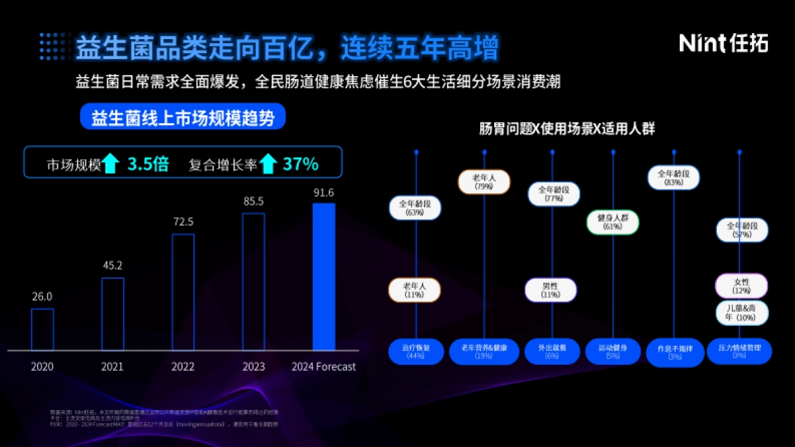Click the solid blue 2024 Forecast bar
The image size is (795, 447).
point(324,276)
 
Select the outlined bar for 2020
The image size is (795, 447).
point(42,329)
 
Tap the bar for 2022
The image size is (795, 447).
point(183,291)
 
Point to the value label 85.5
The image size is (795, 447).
point(253,201)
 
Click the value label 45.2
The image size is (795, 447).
point(113,266)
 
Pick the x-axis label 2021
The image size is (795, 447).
point(113,366)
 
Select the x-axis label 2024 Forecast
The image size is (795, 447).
point(324,366)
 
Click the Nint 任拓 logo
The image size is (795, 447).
point(723,43)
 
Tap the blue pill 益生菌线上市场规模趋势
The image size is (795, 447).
point(182,117)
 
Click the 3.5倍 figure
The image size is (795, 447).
point(148,164)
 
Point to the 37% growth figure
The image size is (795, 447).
point(300,164)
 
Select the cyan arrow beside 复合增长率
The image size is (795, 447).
point(268,164)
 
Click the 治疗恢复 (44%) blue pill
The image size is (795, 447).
point(416,352)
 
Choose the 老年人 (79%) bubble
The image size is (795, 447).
point(484,182)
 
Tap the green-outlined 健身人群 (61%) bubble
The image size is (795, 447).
point(612,222)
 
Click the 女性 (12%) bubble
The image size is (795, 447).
point(741,286)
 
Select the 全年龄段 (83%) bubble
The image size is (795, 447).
point(674,177)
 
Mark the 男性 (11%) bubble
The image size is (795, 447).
point(551,290)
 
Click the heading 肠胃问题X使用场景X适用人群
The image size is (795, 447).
point(566,129)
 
